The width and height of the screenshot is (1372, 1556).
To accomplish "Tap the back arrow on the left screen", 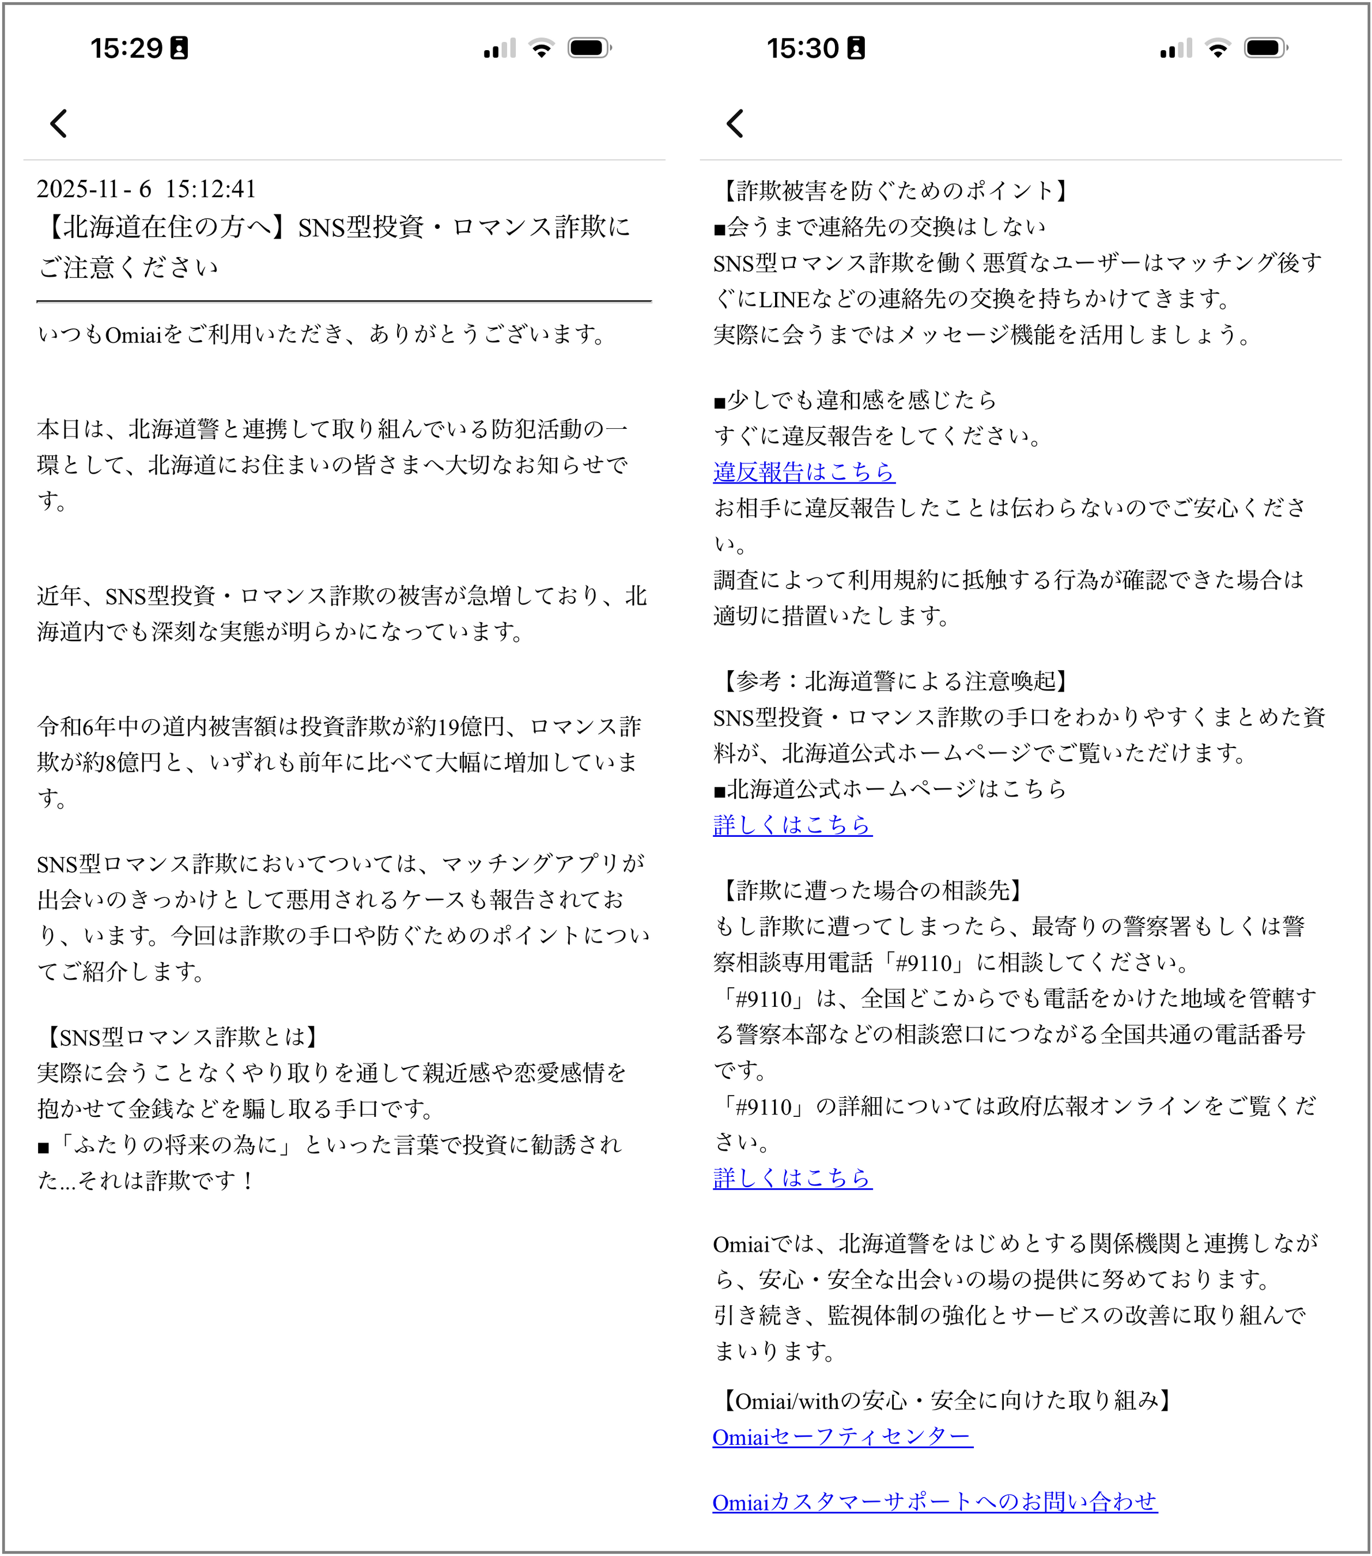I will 59,123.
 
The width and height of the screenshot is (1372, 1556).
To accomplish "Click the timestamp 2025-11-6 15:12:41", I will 146,189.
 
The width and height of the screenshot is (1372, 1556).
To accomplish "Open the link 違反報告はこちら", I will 804,472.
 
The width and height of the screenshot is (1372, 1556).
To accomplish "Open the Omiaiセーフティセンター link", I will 842,1437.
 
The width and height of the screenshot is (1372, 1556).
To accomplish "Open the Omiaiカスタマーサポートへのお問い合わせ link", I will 935,1502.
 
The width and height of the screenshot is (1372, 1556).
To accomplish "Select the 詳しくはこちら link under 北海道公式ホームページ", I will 792,825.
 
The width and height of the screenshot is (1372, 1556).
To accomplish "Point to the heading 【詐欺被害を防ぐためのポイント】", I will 892,190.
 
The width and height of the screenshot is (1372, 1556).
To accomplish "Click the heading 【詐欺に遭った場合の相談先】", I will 869,890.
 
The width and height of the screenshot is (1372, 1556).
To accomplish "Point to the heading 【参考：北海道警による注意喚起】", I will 892,681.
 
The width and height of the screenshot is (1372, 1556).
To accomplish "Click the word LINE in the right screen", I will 784,299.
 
